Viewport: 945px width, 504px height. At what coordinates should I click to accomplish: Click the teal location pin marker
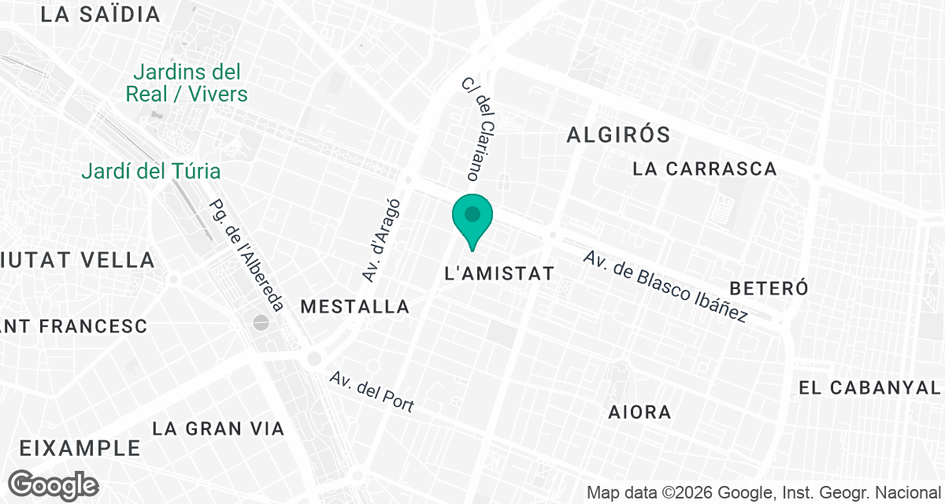click(472, 218)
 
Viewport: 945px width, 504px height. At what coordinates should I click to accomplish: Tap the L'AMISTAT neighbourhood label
click(500, 274)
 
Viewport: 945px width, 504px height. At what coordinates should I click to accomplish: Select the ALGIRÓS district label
click(618, 135)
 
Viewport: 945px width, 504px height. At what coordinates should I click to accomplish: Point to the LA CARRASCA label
click(705, 169)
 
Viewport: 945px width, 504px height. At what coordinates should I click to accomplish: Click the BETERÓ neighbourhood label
click(769, 287)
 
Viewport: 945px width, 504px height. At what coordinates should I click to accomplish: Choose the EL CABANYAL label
click(869, 387)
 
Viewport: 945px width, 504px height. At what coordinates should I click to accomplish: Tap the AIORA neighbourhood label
click(639, 412)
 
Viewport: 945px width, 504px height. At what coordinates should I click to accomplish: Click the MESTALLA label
click(355, 306)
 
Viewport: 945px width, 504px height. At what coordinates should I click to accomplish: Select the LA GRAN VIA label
click(218, 428)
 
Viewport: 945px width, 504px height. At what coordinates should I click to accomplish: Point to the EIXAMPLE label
click(80, 448)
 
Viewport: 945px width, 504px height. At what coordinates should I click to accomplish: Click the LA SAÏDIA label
click(100, 14)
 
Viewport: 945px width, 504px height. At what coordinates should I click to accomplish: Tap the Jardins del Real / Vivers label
click(187, 83)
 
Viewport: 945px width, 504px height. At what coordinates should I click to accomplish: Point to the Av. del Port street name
click(372, 391)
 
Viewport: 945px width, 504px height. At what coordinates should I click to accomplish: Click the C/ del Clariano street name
click(477, 128)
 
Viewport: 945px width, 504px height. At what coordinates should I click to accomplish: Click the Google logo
click(54, 485)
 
